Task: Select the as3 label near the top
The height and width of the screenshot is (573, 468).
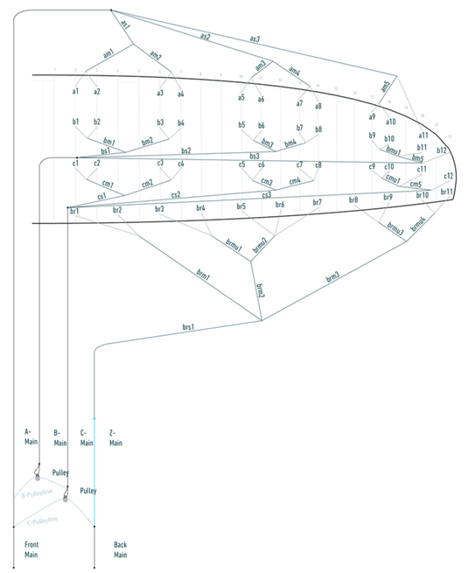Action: tap(255, 39)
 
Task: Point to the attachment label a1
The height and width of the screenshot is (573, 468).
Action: tap(76, 92)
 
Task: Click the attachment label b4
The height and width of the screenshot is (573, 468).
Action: tap(181, 123)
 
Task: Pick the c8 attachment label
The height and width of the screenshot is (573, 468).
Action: tap(318, 164)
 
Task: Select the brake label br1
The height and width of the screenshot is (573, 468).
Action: tap(74, 211)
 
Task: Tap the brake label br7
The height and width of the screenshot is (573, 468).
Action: tap(317, 203)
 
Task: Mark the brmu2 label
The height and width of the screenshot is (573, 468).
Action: tap(260, 246)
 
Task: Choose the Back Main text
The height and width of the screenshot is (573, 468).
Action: tap(121, 549)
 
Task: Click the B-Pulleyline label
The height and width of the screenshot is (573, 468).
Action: tap(37, 495)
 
